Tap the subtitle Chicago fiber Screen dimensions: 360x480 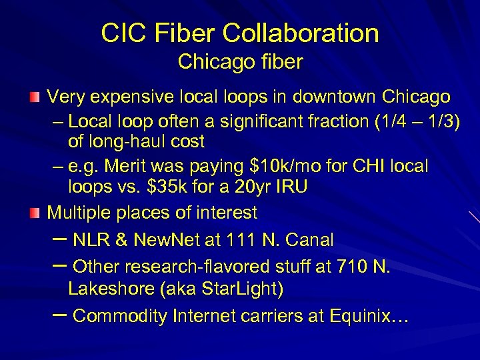coord(240,63)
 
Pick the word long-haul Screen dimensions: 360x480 coord(131,142)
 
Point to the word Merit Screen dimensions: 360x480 coord(129,165)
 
